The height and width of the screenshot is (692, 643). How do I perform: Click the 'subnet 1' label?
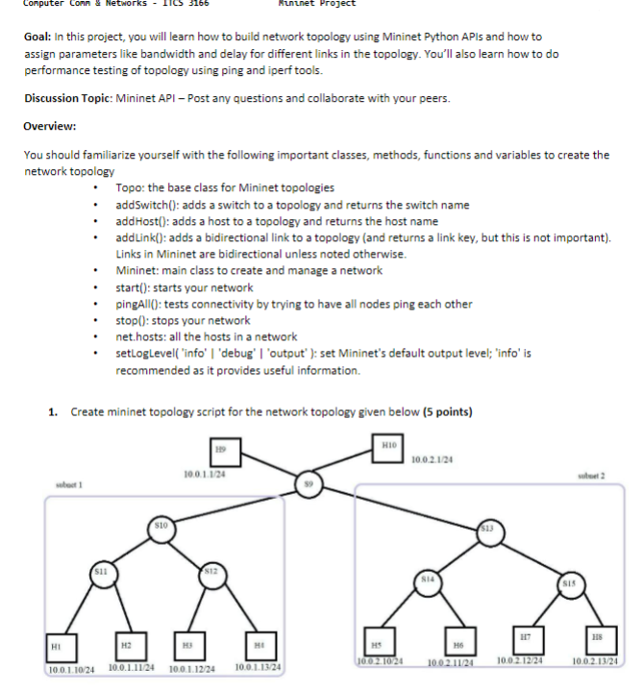click(x=73, y=484)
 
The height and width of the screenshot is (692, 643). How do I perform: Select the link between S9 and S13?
click(x=399, y=505)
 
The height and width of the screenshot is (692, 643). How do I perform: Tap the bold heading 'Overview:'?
click(x=50, y=126)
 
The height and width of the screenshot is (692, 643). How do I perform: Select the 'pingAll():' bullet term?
click(x=142, y=304)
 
